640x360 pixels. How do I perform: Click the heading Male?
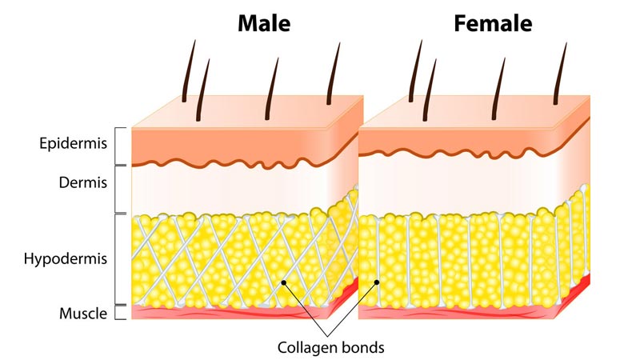(263, 23)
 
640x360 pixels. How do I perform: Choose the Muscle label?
(83, 313)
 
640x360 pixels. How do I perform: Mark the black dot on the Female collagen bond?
(378, 282)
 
